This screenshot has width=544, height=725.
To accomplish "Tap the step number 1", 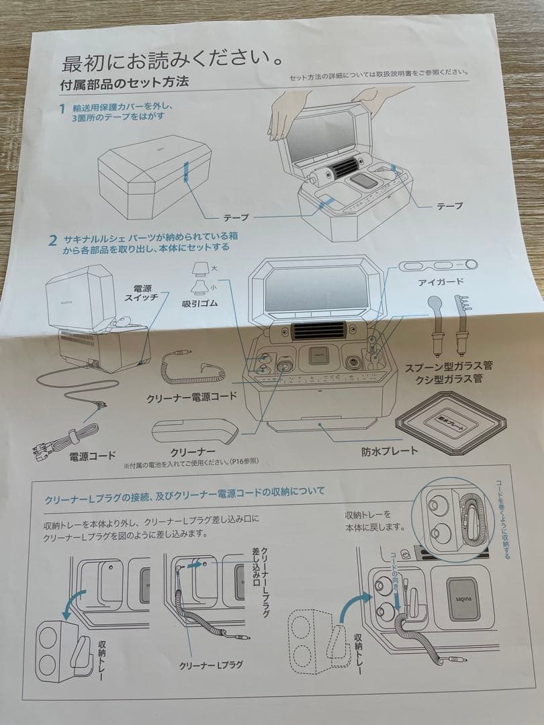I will tap(62, 108).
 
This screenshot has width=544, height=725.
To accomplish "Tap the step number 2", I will tap(52, 240).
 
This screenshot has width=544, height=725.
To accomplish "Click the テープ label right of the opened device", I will tap(449, 206).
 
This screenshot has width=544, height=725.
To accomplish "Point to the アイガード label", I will tap(440, 283).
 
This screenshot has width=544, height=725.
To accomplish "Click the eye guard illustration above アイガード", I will tap(438, 264).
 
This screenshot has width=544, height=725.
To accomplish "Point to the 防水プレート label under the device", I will tap(388, 450).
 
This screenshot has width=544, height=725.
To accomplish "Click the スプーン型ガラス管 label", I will tap(449, 367).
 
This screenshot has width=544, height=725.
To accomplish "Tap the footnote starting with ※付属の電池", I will tap(190, 462).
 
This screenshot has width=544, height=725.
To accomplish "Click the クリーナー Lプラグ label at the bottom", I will tap(211, 665).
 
